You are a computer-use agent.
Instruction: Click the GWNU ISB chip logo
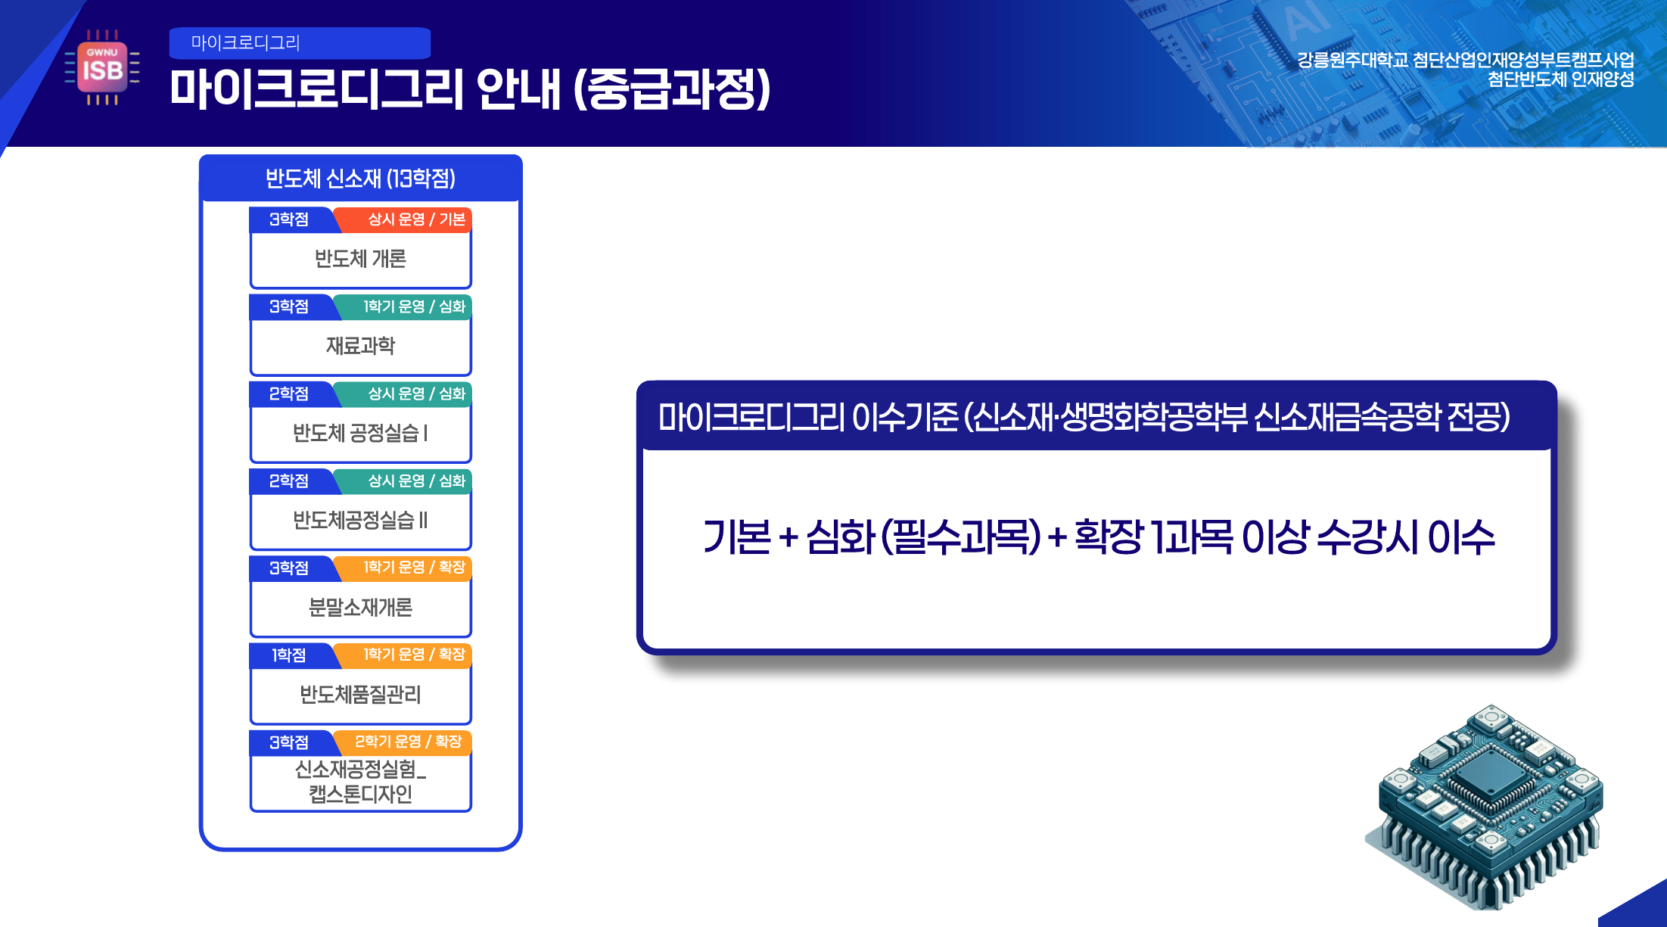pyautogui.click(x=102, y=67)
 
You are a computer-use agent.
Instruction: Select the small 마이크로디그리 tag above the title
pyautogui.click(x=300, y=43)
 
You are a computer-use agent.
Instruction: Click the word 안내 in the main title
pyautogui.click(x=519, y=89)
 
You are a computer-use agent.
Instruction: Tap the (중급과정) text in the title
pyautogui.click(x=672, y=89)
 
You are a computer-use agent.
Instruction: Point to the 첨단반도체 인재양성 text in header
pyautogui.click(x=1560, y=79)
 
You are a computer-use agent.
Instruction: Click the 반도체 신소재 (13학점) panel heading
pyautogui.click(x=360, y=179)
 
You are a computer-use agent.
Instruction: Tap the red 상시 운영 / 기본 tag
pyautogui.click(x=403, y=219)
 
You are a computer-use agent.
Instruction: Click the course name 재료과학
pyautogui.click(x=360, y=346)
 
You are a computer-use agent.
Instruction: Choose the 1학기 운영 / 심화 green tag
pyautogui.click(x=403, y=306)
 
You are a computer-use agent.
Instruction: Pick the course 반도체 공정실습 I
pyautogui.click(x=360, y=433)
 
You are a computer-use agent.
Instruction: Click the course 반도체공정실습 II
pyautogui.click(x=360, y=520)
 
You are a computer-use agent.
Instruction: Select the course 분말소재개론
pyautogui.click(x=360, y=607)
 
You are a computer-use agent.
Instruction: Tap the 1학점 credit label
pyautogui.click(x=289, y=655)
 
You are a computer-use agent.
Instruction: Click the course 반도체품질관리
pyautogui.click(x=360, y=694)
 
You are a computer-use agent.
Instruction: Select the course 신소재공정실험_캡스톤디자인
pyautogui.click(x=360, y=782)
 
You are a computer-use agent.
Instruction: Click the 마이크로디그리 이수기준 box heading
pyautogui.click(x=1084, y=416)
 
